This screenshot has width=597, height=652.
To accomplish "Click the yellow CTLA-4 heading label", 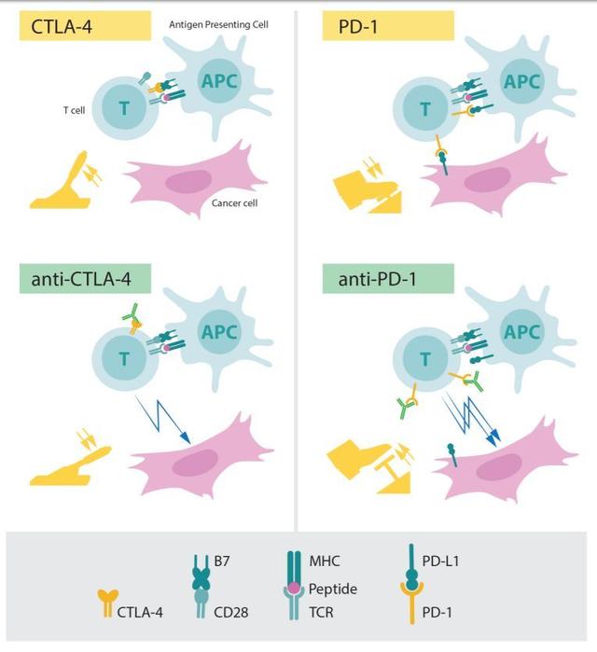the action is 85,26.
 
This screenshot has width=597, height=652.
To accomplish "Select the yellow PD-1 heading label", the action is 388,26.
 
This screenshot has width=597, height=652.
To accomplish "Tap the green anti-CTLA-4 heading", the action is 85,279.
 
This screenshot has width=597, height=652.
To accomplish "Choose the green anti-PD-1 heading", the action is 388,279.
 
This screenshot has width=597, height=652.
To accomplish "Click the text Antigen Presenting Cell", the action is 218,25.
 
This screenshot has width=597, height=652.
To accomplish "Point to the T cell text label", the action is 75,110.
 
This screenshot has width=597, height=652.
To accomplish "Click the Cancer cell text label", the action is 234,203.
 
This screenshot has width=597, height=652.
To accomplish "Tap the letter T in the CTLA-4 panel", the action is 124,108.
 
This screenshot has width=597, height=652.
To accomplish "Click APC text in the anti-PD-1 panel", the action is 522,332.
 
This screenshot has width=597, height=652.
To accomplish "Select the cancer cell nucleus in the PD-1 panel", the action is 487,179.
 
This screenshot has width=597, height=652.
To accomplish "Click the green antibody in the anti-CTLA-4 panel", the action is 131,312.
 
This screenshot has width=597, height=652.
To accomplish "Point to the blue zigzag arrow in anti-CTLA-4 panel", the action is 163,419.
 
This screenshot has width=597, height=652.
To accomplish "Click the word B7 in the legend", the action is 222,561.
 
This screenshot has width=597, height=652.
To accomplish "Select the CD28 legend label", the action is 230,612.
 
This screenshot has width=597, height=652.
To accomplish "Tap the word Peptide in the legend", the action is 333,590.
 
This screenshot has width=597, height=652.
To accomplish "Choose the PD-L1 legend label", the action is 440,561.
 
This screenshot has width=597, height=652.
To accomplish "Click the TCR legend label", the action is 321,612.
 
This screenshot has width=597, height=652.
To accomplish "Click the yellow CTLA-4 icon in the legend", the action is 107,603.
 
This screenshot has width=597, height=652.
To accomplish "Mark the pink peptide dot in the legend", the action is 294,588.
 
